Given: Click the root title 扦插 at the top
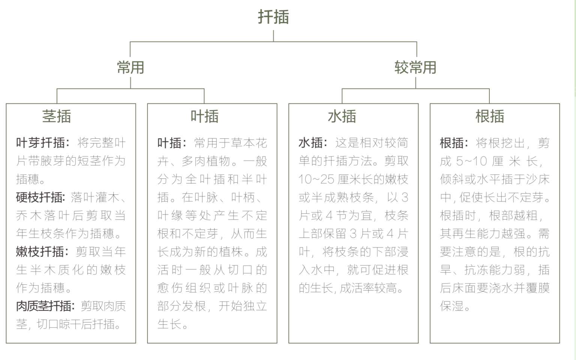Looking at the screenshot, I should tap(273, 17).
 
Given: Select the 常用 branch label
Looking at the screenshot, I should tap(130, 67).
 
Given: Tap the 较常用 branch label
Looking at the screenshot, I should tap(415, 67).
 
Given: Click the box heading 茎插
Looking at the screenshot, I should tap(57, 116).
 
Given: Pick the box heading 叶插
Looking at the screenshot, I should tap(204, 116).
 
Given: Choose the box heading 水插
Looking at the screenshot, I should tap(342, 116).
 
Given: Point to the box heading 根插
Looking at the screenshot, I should tap(490, 116).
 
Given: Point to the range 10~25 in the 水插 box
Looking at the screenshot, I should tap(316, 179).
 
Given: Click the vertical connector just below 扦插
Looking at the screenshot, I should tap(273, 36).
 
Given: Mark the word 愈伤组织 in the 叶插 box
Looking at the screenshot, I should tap(184, 288).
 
